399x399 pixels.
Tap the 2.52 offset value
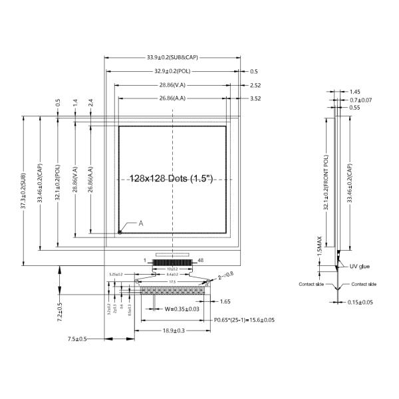click(x=255, y=85)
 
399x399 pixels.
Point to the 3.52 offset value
click(x=255, y=98)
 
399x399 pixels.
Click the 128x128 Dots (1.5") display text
click(x=172, y=179)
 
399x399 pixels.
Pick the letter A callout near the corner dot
click(x=141, y=223)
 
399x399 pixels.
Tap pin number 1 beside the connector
click(x=145, y=260)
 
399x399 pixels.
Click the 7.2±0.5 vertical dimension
click(x=59, y=311)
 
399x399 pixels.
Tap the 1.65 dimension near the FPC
click(x=225, y=301)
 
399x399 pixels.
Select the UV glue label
click(x=360, y=267)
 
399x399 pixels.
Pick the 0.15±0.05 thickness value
click(x=359, y=302)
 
